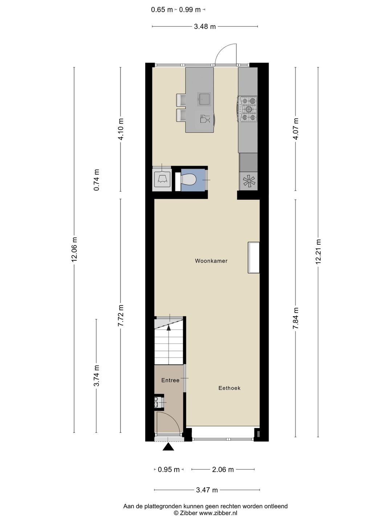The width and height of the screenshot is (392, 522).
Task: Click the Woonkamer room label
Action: [211, 261]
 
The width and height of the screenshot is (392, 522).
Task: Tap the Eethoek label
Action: [229, 388]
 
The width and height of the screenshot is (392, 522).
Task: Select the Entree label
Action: [170, 380]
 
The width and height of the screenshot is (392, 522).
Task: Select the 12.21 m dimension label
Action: [319, 252]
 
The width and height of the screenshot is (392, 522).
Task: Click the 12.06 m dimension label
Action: [74, 249]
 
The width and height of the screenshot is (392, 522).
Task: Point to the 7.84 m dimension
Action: [295, 318]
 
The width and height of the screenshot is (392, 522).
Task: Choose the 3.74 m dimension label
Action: [97, 376]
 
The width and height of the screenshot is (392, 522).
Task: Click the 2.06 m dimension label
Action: [223, 469]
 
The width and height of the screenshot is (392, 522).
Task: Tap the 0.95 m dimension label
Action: [169, 469]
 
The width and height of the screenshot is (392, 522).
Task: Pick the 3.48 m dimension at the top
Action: [205, 26]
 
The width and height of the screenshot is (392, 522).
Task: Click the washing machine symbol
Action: [162, 178]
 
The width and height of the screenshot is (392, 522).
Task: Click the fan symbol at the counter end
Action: [249, 181]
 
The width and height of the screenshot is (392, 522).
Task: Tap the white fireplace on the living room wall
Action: [253, 257]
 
